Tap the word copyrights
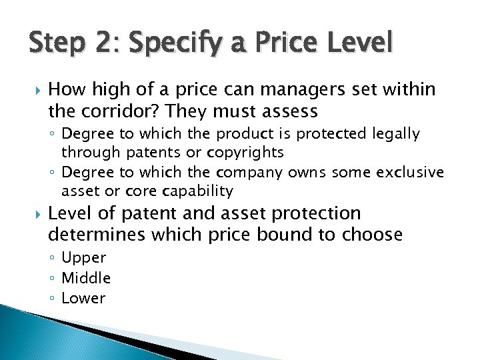pyautogui.click(x=245, y=153)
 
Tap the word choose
pyautogui.click(x=372, y=235)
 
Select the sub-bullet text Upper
pyautogui.click(x=83, y=258)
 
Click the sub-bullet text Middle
pyautogui.click(x=86, y=278)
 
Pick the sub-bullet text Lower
pyautogui.click(x=83, y=298)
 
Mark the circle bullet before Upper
pyautogui.click(x=53, y=258)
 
